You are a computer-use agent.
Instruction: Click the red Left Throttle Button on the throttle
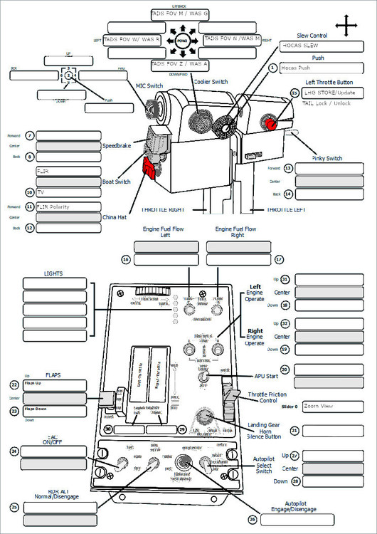click(x=271, y=122)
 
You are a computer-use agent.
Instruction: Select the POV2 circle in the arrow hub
click(x=181, y=40)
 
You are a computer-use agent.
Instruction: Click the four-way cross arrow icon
click(x=346, y=27)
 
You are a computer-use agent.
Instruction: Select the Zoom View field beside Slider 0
click(x=333, y=407)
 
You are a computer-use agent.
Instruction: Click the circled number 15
click(x=295, y=93)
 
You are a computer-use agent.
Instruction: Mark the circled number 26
click(x=251, y=519)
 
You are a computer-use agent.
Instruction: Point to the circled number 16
click(x=125, y=261)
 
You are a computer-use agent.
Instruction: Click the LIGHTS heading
click(x=53, y=273)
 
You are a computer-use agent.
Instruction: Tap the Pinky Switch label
click(x=326, y=158)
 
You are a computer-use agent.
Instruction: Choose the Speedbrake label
click(x=116, y=145)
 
